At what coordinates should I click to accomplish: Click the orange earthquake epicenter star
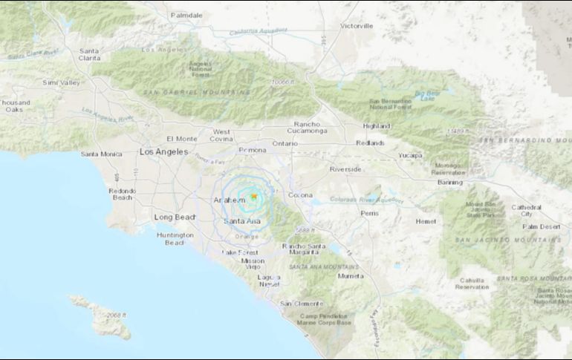pos(253,197)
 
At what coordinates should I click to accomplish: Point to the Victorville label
pos(357,26)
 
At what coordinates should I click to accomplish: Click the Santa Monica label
pos(100,154)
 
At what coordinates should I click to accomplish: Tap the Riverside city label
pos(345,169)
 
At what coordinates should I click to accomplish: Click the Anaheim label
pos(229,201)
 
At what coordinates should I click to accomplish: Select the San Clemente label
pos(302,304)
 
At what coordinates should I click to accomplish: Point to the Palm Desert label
pos(539,226)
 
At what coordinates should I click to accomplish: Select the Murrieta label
pos(351,275)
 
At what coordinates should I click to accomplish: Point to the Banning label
pos(449,182)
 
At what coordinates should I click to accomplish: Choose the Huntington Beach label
pos(174,239)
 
